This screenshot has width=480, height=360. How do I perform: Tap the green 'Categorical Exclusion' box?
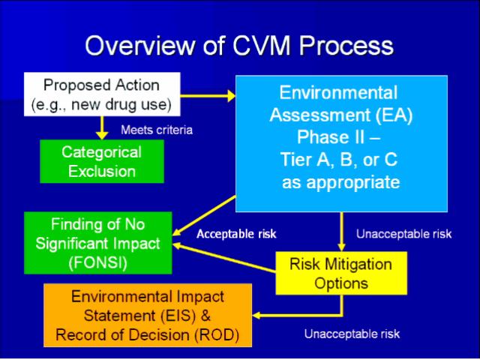click(x=101, y=161)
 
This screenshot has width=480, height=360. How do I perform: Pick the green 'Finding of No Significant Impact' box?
click(x=97, y=243)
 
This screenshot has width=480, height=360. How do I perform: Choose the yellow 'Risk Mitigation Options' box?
click(x=340, y=273)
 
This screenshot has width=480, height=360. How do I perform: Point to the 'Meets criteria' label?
click(x=157, y=130)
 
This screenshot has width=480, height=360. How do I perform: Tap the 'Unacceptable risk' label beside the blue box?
click(x=403, y=234)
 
